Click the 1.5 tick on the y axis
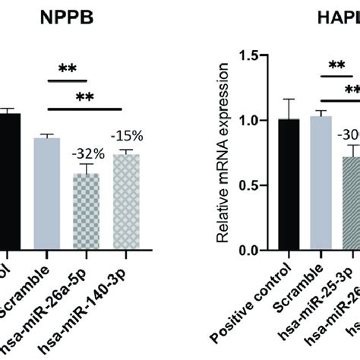[248, 55]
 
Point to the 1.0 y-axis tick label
[248, 121]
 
